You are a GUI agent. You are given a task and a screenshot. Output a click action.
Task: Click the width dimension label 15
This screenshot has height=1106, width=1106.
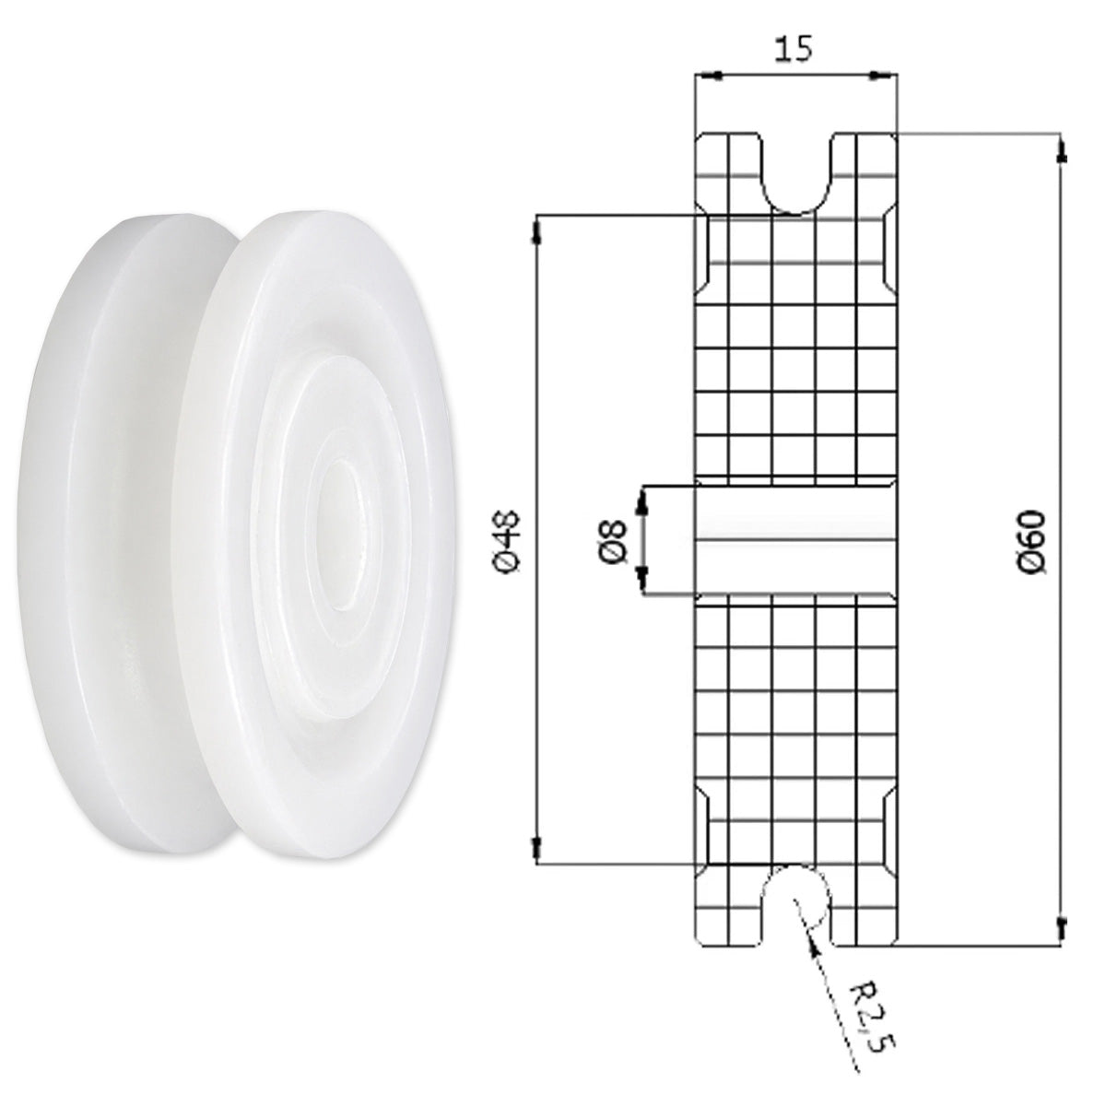click(x=794, y=50)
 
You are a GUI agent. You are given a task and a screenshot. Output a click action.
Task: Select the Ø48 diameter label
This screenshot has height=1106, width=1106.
click(x=509, y=541)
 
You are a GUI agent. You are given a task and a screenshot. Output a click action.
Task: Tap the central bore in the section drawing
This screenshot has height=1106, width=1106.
click(x=796, y=540)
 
